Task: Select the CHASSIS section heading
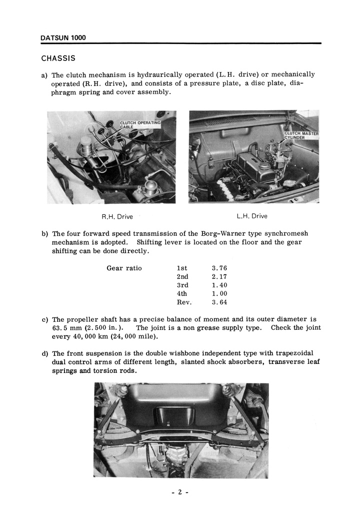(58, 59)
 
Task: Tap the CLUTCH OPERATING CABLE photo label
(139, 124)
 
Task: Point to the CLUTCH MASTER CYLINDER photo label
(301, 135)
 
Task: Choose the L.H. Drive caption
(251, 216)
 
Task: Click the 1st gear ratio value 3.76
(219, 268)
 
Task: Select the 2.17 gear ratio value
(219, 276)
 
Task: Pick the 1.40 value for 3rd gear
(219, 285)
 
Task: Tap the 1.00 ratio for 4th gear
(219, 294)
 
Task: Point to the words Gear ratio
(124, 268)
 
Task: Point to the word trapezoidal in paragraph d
(296, 354)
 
